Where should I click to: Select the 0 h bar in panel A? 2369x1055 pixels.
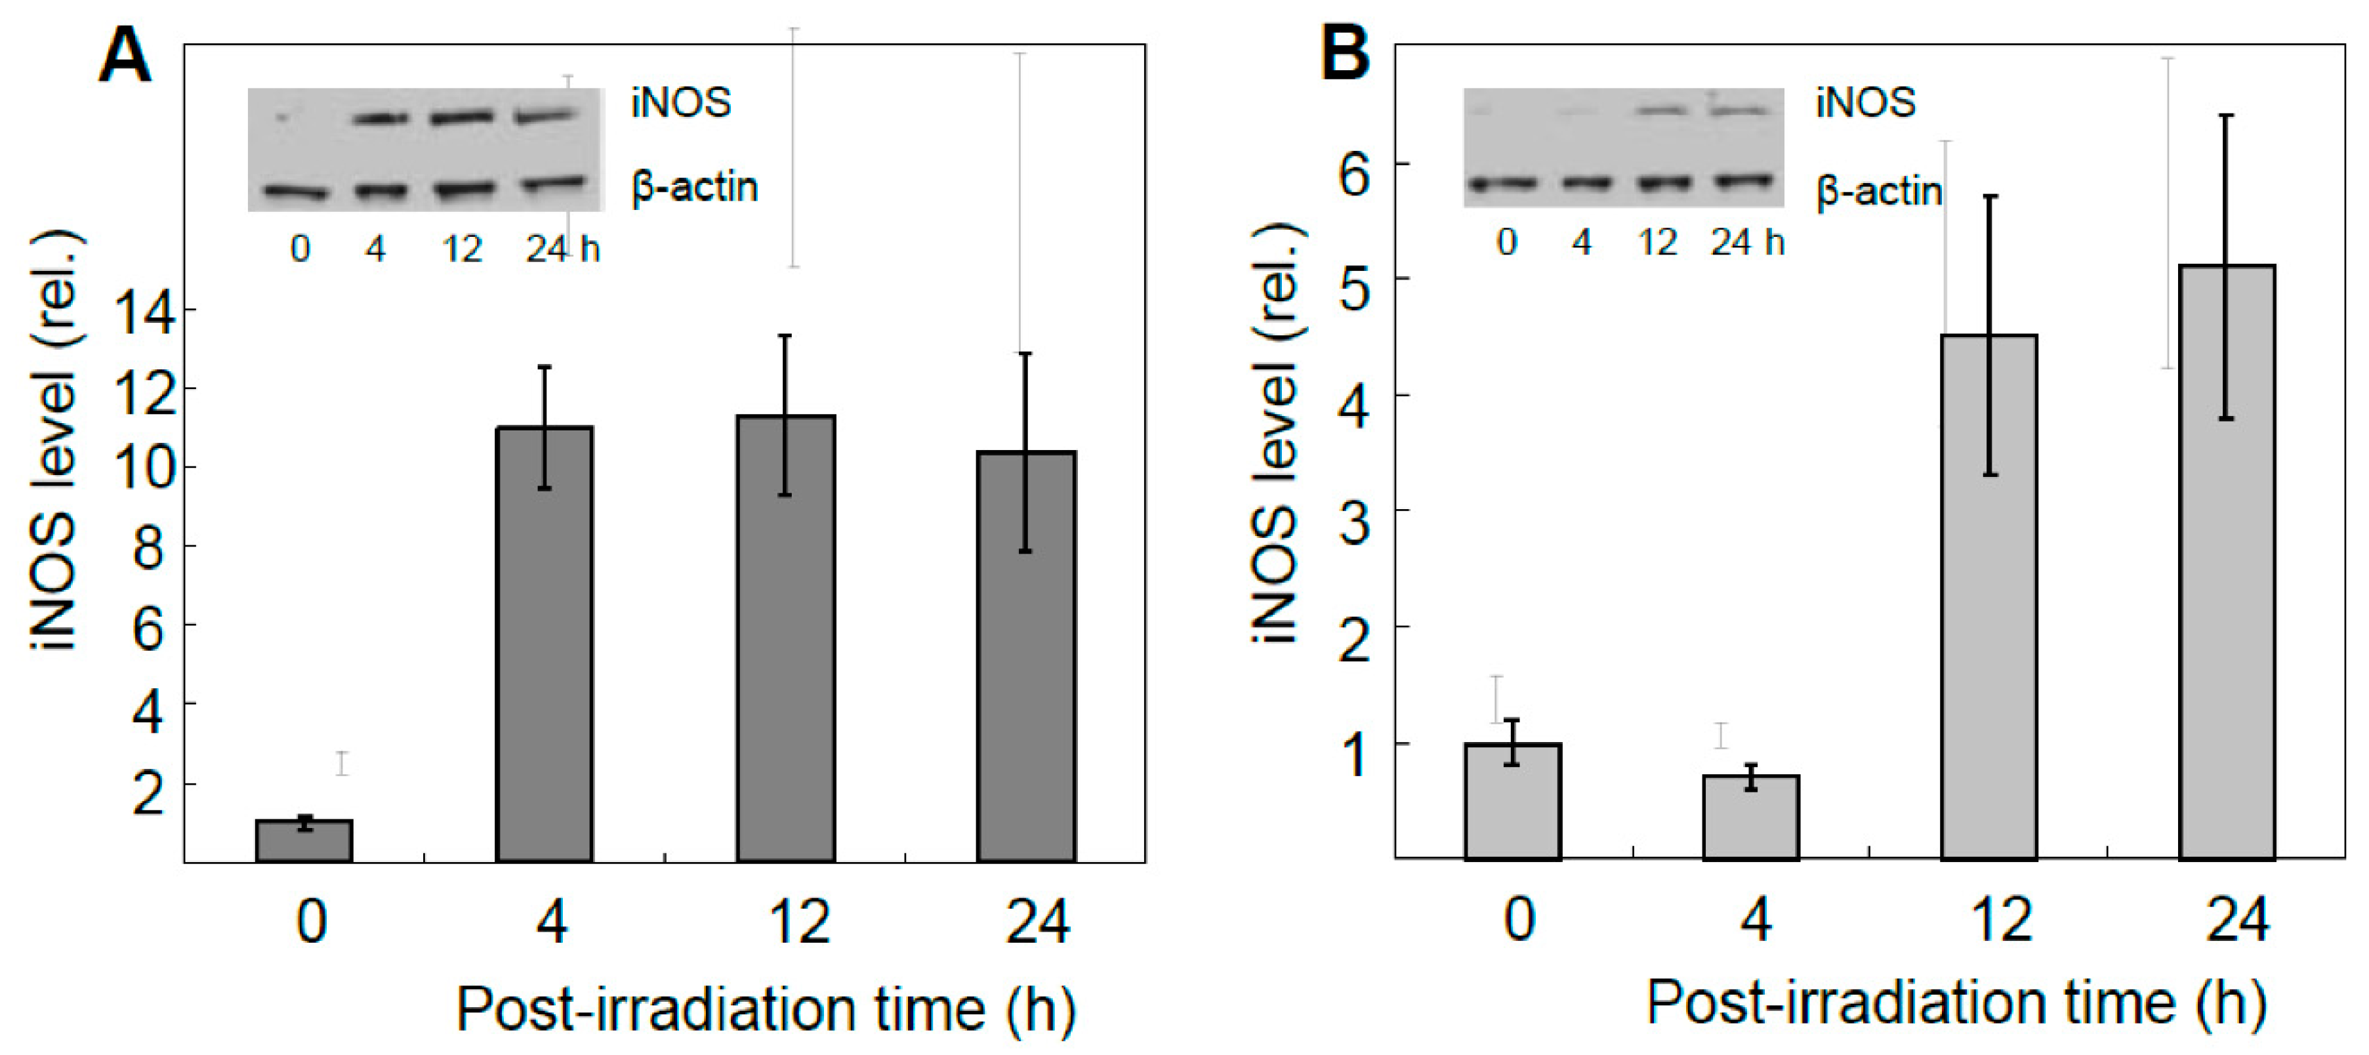pos(304,842)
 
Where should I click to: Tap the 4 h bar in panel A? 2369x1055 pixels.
pos(545,644)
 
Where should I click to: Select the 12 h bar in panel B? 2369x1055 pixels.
pos(1988,598)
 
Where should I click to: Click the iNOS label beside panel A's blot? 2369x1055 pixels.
pos(680,103)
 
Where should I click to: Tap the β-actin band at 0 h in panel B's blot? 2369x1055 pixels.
pos(1503,184)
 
